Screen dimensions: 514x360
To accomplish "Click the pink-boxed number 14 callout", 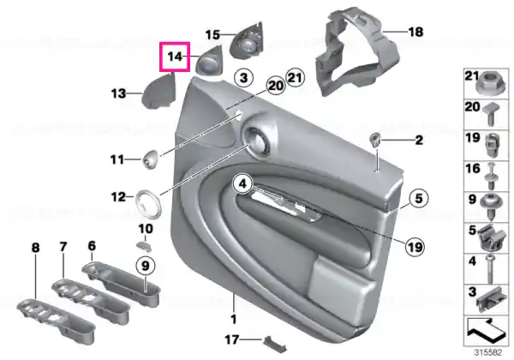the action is (x=175, y=57).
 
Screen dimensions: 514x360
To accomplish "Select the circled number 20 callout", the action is (x=276, y=86).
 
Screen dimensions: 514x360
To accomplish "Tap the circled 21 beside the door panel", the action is (x=295, y=78).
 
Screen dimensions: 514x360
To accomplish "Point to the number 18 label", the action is (x=415, y=32).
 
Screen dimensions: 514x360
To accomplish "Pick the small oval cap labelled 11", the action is (x=150, y=159).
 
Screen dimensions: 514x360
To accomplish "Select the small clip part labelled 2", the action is (x=374, y=140).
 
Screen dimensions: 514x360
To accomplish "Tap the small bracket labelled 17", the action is (x=275, y=344).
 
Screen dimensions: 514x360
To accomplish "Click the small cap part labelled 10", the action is (x=144, y=246).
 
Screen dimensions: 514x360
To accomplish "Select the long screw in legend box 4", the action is (x=490, y=269).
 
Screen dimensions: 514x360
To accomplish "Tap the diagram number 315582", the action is (x=488, y=352).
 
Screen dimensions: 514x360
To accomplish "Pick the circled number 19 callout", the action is (x=415, y=246).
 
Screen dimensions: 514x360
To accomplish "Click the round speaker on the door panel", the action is (x=257, y=140).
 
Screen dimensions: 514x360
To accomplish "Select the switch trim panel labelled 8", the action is (x=56, y=321).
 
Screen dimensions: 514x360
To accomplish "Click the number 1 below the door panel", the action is (x=233, y=319).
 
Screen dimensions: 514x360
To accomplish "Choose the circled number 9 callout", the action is (x=146, y=266).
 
